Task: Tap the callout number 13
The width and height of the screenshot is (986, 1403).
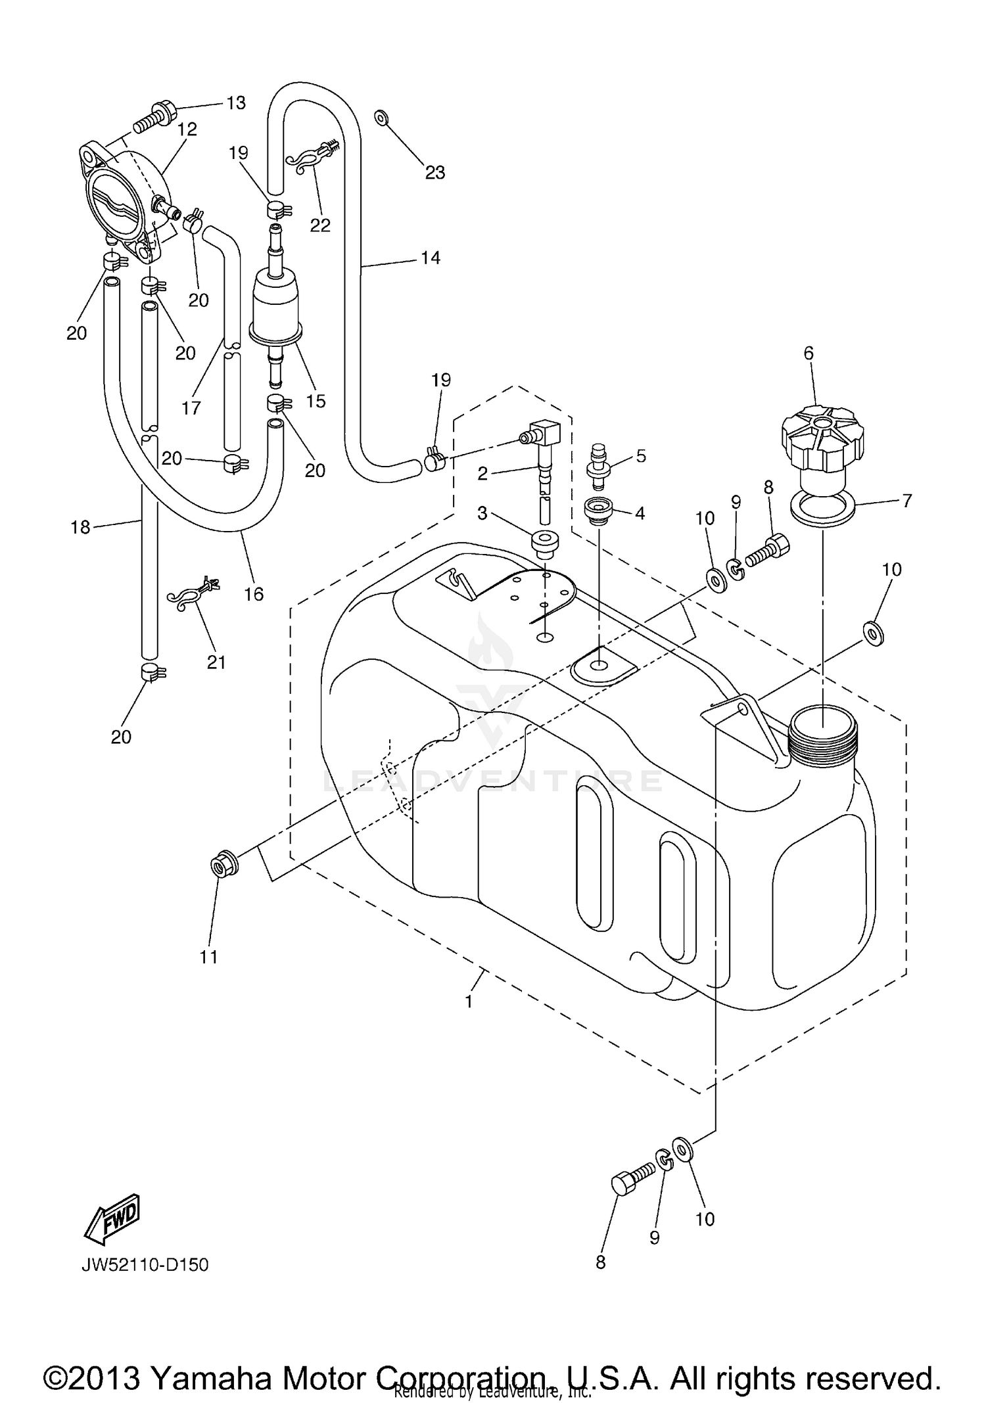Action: pos(236,103)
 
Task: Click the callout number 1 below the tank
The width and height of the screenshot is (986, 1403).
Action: pos(469,1001)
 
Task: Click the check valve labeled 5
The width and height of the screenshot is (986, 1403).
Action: pos(598,467)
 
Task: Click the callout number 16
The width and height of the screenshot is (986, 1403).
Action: pos(254,594)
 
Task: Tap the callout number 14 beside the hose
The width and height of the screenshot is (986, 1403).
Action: pos(430,258)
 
